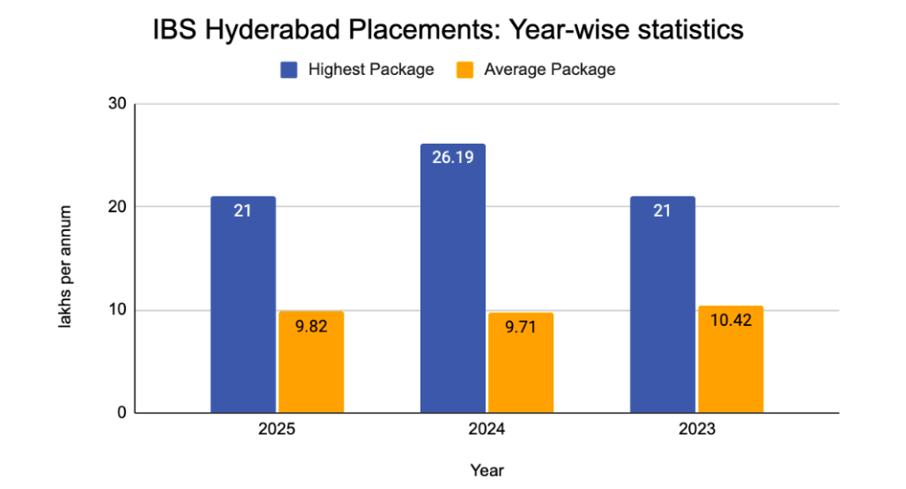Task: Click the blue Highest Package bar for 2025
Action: pyautogui.click(x=242, y=304)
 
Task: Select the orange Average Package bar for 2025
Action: pyautogui.click(x=310, y=362)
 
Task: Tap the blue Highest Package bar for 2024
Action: pyautogui.click(x=452, y=278)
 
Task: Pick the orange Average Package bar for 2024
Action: pyautogui.click(x=520, y=362)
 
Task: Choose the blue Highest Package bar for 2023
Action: pyautogui.click(x=662, y=304)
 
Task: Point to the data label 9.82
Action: pyautogui.click(x=310, y=325)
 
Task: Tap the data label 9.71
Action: pyautogui.click(x=520, y=327)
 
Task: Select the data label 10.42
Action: pyautogui.click(x=730, y=321)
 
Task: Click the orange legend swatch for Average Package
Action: pyautogui.click(x=464, y=70)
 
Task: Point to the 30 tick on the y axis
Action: pyautogui.click(x=116, y=104)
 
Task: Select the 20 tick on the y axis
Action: pyautogui.click(x=116, y=207)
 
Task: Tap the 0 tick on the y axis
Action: pyautogui.click(x=121, y=412)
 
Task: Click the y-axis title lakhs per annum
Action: pyautogui.click(x=65, y=264)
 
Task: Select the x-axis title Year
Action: pyautogui.click(x=486, y=470)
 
